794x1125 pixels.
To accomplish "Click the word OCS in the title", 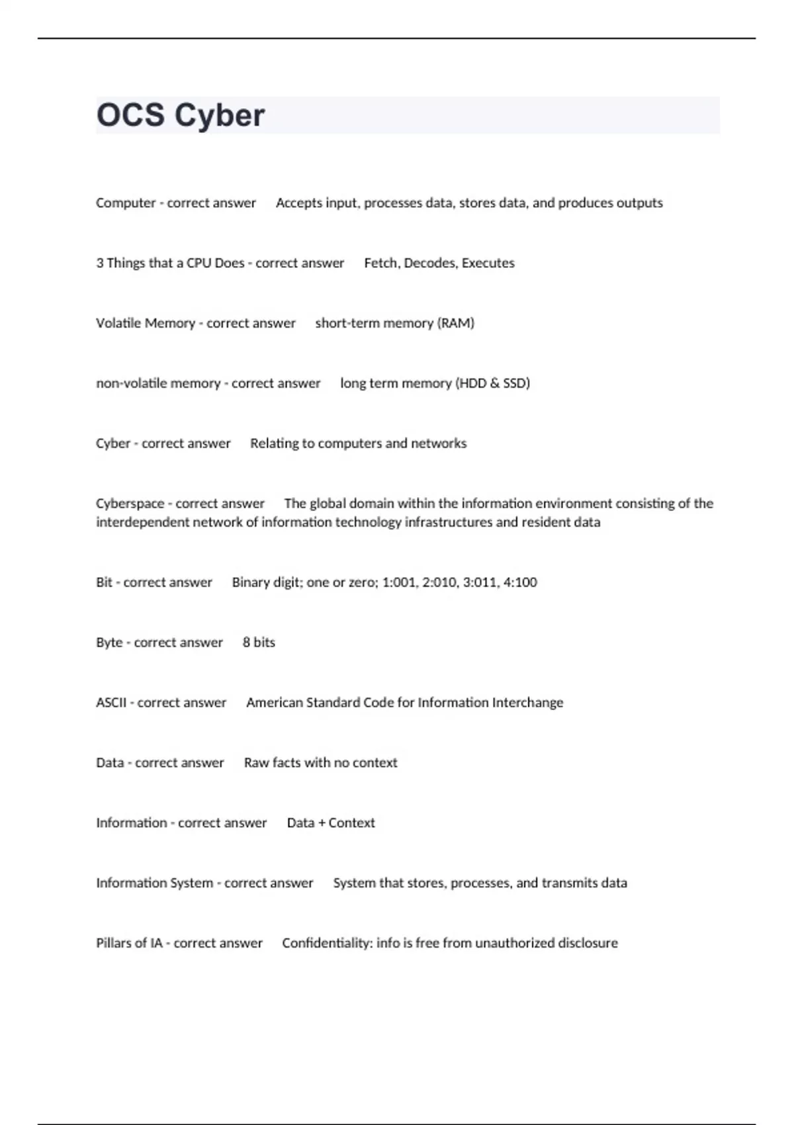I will coord(130,115).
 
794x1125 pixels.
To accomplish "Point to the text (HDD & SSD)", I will coord(492,383).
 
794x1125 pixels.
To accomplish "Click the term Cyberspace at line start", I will coord(130,504).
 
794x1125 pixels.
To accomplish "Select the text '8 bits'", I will coord(259,643).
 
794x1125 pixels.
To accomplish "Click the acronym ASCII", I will coord(111,703).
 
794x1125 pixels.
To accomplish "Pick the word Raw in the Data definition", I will coord(255,763).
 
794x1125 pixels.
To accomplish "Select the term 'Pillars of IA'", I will coord(129,943).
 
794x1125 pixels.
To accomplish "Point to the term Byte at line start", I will coord(109,643).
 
